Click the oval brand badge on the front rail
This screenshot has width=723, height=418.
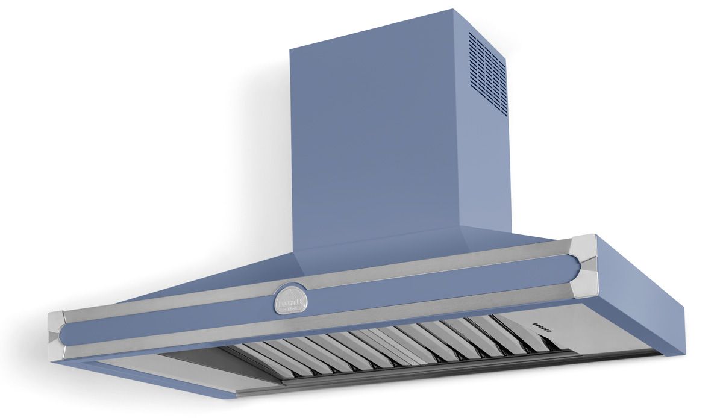[x=290, y=299]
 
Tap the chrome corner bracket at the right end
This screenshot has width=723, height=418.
[x=583, y=265]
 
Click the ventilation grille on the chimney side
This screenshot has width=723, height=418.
[x=488, y=72]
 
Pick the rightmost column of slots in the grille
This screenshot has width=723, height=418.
[x=504, y=84]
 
